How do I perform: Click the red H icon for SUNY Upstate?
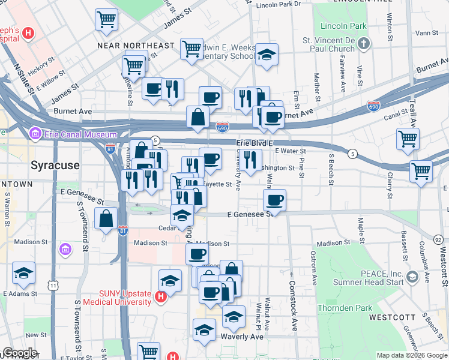[x=160, y=296]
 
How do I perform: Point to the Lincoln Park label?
[x=343, y=26]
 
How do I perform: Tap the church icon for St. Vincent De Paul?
[x=364, y=44]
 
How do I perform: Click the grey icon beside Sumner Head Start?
[x=412, y=277]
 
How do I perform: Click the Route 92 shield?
[x=438, y=239]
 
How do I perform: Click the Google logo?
[x=20, y=353]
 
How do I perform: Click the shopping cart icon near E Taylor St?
[x=148, y=351]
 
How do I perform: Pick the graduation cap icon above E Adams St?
[x=24, y=273]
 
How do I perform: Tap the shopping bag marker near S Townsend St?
[x=106, y=220]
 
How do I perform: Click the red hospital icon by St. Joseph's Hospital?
[x=26, y=32]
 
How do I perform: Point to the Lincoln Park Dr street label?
[x=278, y=4]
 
